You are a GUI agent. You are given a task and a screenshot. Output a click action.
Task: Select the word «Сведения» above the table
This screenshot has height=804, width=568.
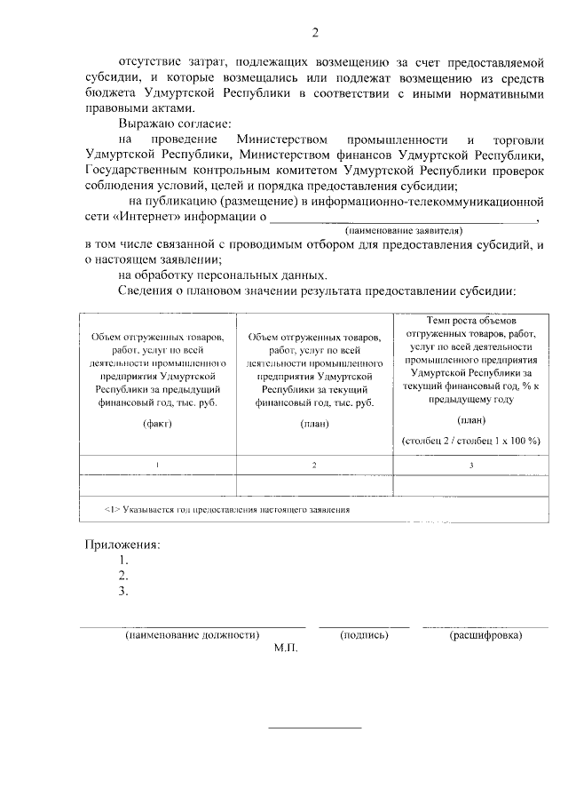point(145,291)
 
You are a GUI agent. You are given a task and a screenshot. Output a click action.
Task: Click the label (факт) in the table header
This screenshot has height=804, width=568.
point(156,423)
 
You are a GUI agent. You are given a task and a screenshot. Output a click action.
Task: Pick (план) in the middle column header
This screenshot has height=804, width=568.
point(314,423)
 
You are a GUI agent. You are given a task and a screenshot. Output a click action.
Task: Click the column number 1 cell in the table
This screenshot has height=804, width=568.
point(156,466)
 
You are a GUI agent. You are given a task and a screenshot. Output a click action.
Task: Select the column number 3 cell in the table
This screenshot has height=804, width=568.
point(470,466)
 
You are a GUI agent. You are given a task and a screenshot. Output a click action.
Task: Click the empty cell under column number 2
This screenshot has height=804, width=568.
point(314,485)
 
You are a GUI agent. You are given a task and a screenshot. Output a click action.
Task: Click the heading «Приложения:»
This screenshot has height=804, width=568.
point(122,545)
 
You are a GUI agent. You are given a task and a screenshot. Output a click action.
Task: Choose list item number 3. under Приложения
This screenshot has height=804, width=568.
point(123,591)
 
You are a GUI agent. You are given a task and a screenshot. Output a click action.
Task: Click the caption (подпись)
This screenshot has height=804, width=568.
point(364,635)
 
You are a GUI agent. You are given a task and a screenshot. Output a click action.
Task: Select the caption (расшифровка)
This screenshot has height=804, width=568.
point(485,635)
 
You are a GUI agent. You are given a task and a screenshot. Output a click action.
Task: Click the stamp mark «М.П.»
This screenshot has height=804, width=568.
point(287,649)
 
